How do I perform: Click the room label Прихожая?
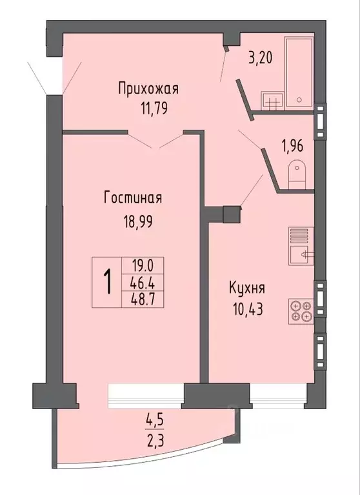(147, 89)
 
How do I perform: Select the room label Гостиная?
(132, 198)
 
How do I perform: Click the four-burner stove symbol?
(300, 311)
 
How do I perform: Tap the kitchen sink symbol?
(300, 254)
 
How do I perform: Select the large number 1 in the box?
(107, 281)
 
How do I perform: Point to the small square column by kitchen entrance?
(230, 214)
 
